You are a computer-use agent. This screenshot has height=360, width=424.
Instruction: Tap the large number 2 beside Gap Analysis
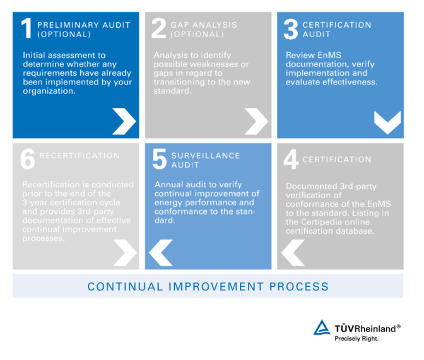click(x=159, y=28)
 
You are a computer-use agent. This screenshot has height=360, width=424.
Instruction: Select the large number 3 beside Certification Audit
click(x=291, y=29)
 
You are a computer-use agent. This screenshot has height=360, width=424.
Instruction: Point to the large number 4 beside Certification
click(x=291, y=159)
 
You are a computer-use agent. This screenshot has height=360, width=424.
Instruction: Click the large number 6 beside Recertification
click(x=28, y=159)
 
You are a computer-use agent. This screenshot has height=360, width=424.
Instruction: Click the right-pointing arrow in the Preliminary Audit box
click(x=124, y=121)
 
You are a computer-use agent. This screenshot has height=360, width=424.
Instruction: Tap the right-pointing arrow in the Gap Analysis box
click(x=256, y=121)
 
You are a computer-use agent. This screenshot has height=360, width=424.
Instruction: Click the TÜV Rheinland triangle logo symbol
click(x=322, y=328)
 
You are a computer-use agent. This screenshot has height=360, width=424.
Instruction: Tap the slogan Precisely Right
click(x=357, y=338)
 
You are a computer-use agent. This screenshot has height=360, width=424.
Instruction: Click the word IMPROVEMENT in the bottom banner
click(x=216, y=287)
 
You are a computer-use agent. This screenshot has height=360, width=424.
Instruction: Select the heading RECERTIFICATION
click(x=79, y=155)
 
